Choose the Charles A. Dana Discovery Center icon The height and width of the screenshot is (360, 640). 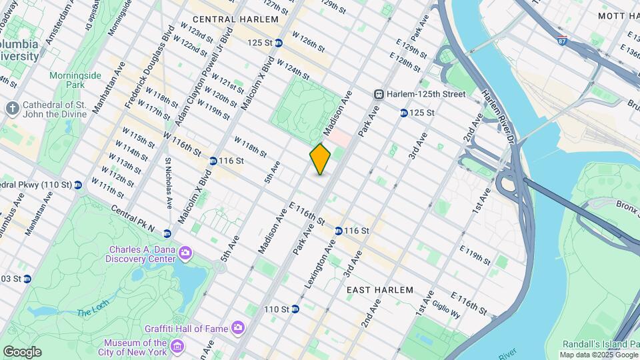tap(185, 253)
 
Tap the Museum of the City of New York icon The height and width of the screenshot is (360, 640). tap(177, 346)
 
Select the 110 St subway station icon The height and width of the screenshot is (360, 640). tap(295, 309)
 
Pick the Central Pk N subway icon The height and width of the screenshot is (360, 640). tap(167, 233)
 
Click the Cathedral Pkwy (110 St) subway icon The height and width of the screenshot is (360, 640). tap(78, 185)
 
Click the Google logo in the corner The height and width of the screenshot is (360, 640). tap(22, 352)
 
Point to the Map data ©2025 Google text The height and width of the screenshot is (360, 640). tap(599, 355)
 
